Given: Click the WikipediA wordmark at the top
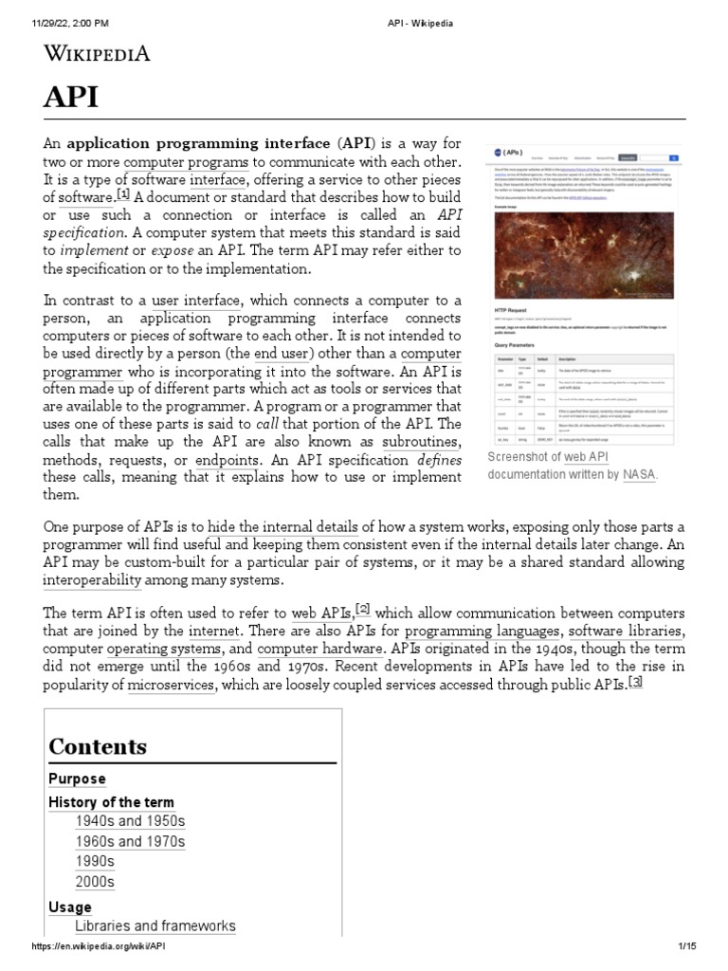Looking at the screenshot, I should tap(97, 54).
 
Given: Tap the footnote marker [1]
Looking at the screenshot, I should tap(122, 195).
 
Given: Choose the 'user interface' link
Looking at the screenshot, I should tap(196, 301).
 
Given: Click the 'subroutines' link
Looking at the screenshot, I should tap(421, 443).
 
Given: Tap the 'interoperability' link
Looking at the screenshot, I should tap(102, 579).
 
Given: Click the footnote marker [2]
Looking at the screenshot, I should tap(362, 609).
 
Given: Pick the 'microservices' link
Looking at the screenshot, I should tap(171, 685).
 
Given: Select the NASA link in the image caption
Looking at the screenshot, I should tap(638, 474).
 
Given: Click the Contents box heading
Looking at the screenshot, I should tap(98, 746).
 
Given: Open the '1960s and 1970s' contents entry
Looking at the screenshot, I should tap(130, 841).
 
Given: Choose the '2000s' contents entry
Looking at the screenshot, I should tap(95, 882).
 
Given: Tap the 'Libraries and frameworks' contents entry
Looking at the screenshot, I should tap(155, 925).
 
